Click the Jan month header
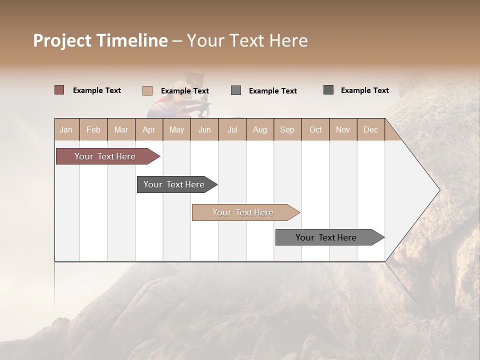point(66,129)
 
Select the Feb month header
point(93,129)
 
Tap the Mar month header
point(121,129)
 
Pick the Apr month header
point(149,129)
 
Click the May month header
point(176,129)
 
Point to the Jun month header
point(204,129)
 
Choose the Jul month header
point(232,129)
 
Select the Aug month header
point(260,129)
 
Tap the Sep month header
point(287,129)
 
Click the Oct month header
point(315,129)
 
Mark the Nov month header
point(343,129)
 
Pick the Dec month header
point(370,129)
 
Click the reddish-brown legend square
point(59,90)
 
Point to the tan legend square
point(147,90)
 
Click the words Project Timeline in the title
point(100,40)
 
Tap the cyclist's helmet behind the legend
point(194,76)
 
